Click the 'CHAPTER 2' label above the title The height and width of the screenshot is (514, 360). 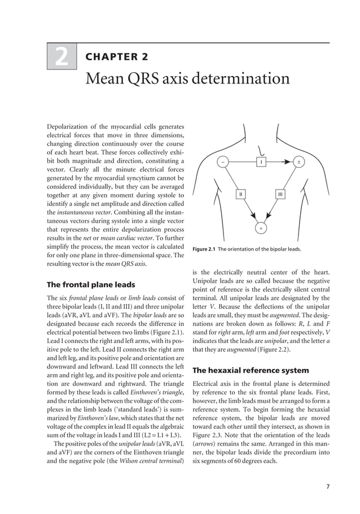point(116,57)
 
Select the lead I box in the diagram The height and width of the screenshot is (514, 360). point(261,162)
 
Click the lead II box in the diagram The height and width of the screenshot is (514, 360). point(240,194)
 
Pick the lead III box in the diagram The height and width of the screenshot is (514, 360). point(280,194)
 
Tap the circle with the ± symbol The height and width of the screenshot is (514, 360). point(299,162)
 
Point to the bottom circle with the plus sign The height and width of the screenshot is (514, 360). point(261,229)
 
